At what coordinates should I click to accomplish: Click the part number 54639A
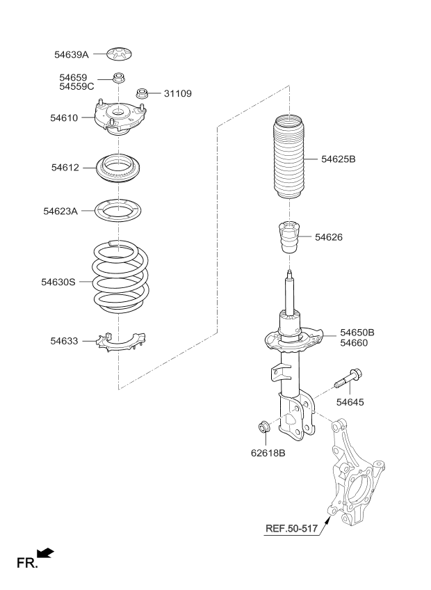pyautogui.click(x=73, y=54)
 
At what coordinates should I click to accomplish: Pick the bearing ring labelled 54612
pyautogui.click(x=120, y=168)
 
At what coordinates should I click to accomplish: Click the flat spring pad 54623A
pyautogui.click(x=120, y=209)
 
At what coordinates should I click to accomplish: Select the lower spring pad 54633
pyautogui.click(x=120, y=341)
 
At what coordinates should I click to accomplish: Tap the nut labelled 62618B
pyautogui.click(x=266, y=427)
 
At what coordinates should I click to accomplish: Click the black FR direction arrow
pyautogui.click(x=44, y=553)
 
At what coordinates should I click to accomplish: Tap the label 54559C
pyautogui.click(x=76, y=86)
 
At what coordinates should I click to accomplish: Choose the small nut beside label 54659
pyautogui.click(x=119, y=77)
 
